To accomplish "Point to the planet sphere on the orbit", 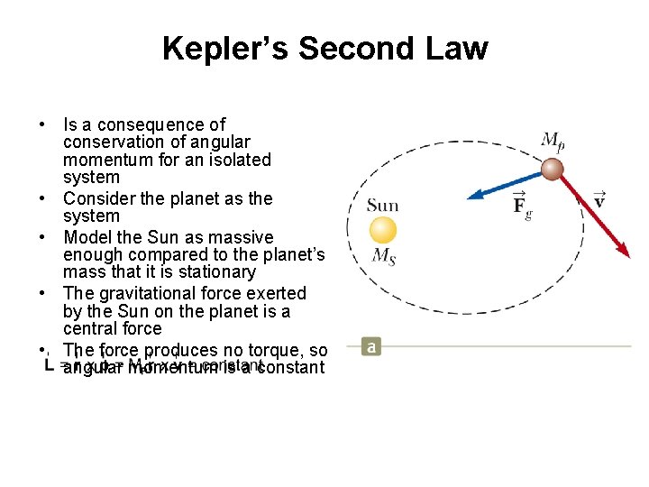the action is [552, 170].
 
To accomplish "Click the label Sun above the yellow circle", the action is [382, 205].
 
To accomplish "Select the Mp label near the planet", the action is [553, 141].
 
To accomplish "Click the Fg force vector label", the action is [522, 205].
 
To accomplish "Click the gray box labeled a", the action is [370, 346].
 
